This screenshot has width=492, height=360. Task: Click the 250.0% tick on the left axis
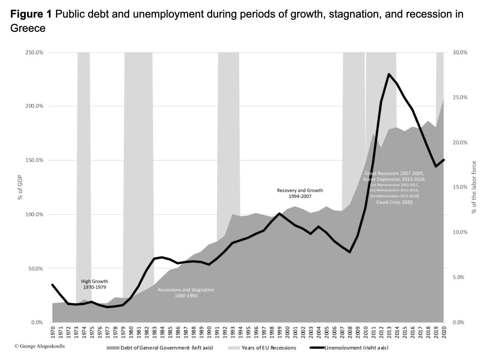34,53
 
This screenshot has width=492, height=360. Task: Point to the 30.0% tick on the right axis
460,53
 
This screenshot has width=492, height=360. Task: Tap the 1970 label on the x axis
53,332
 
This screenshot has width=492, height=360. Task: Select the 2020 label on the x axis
444,332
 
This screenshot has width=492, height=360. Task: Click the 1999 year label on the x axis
279,332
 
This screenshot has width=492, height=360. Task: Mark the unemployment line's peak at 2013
389,74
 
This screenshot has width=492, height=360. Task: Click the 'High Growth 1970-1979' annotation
94,284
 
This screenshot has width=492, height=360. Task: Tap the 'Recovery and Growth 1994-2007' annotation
300,193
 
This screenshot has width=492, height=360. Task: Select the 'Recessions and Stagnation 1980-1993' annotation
186,293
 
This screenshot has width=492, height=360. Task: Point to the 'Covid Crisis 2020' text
394,202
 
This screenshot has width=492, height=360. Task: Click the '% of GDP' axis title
20,187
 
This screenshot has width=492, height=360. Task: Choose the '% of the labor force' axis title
474,187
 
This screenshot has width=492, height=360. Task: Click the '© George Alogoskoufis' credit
40,346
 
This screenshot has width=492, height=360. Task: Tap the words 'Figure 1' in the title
31,14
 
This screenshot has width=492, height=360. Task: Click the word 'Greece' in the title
28,28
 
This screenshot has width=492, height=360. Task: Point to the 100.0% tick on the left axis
34,215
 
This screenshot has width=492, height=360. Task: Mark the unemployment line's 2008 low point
350,252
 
